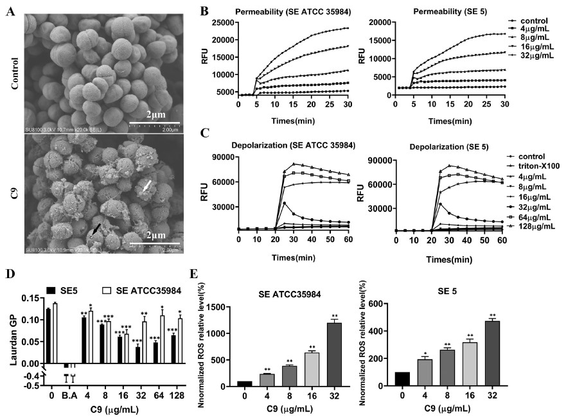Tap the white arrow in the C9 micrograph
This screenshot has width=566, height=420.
click(x=147, y=186)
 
